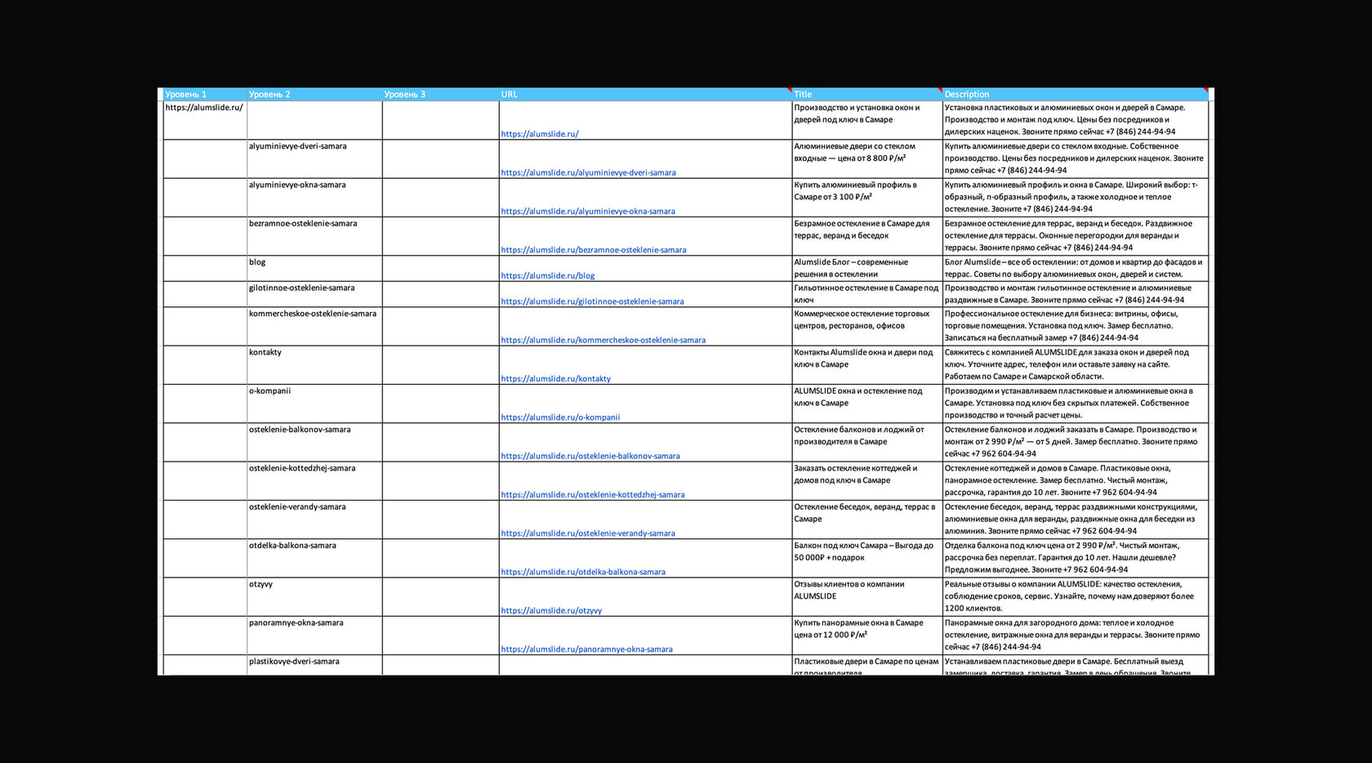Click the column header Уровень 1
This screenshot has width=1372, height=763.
click(186, 95)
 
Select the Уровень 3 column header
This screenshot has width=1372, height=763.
click(405, 95)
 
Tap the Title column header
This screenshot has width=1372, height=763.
click(804, 95)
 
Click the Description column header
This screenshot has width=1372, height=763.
click(967, 95)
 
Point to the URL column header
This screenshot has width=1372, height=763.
click(510, 95)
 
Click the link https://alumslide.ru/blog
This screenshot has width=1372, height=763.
click(548, 276)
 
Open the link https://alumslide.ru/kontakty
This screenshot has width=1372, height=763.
click(556, 379)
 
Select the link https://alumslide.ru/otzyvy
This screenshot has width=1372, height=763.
click(551, 611)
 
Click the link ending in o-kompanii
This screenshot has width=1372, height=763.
click(560, 417)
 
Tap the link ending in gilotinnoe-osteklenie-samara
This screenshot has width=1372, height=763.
click(592, 301)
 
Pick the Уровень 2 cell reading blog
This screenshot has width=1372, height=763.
click(257, 262)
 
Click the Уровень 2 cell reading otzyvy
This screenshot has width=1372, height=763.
click(261, 584)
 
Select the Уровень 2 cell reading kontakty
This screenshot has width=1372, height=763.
click(265, 352)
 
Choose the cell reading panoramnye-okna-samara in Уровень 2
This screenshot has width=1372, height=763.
click(296, 622)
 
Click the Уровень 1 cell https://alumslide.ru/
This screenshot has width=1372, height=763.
click(204, 108)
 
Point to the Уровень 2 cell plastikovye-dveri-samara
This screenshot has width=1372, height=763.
click(294, 662)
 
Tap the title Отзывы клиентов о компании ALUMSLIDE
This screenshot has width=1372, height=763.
click(849, 590)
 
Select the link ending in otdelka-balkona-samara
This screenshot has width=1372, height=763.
click(583, 573)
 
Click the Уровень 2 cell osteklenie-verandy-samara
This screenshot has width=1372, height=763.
click(297, 507)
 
